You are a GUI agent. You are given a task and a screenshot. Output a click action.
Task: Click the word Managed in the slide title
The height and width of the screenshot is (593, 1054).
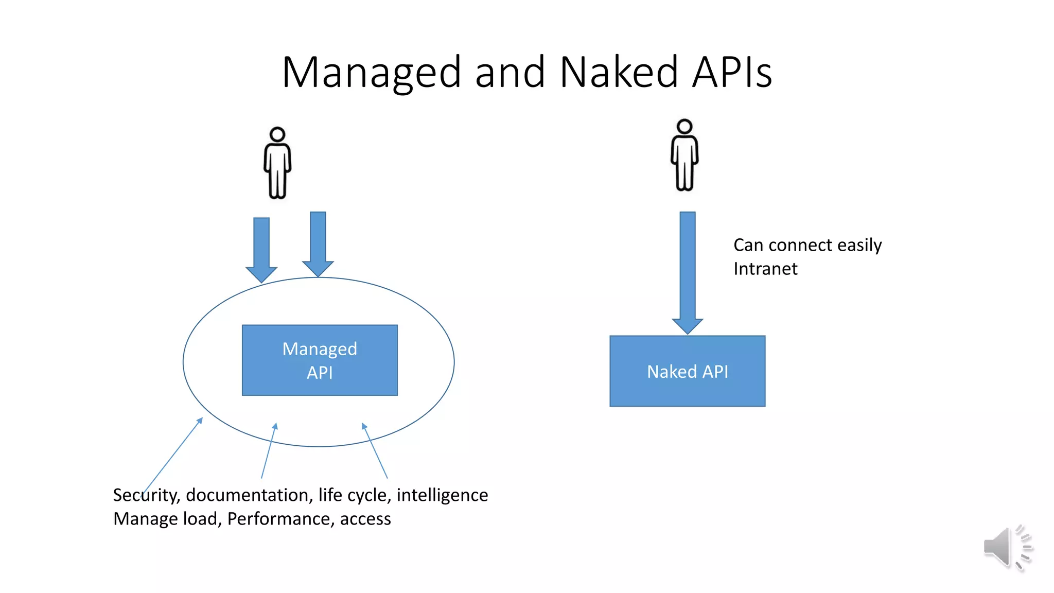click(371, 73)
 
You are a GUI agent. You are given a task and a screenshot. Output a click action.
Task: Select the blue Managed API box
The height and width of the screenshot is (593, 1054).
click(320, 360)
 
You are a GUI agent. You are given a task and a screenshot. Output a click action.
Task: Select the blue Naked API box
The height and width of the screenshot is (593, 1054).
click(687, 371)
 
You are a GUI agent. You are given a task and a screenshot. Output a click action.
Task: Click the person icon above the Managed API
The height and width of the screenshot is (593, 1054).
click(277, 163)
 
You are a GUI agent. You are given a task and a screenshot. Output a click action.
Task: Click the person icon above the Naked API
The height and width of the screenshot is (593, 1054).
click(684, 155)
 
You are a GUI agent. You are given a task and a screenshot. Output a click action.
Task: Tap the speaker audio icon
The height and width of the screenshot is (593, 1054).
click(1007, 548)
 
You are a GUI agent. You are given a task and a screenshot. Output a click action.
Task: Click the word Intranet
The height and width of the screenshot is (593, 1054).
click(765, 269)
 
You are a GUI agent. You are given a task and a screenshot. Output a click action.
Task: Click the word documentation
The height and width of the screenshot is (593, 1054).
click(249, 495)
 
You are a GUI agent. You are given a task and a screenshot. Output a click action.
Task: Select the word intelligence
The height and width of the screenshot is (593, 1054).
click(442, 495)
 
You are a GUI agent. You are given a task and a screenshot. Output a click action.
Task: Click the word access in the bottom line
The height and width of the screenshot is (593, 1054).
click(365, 519)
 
